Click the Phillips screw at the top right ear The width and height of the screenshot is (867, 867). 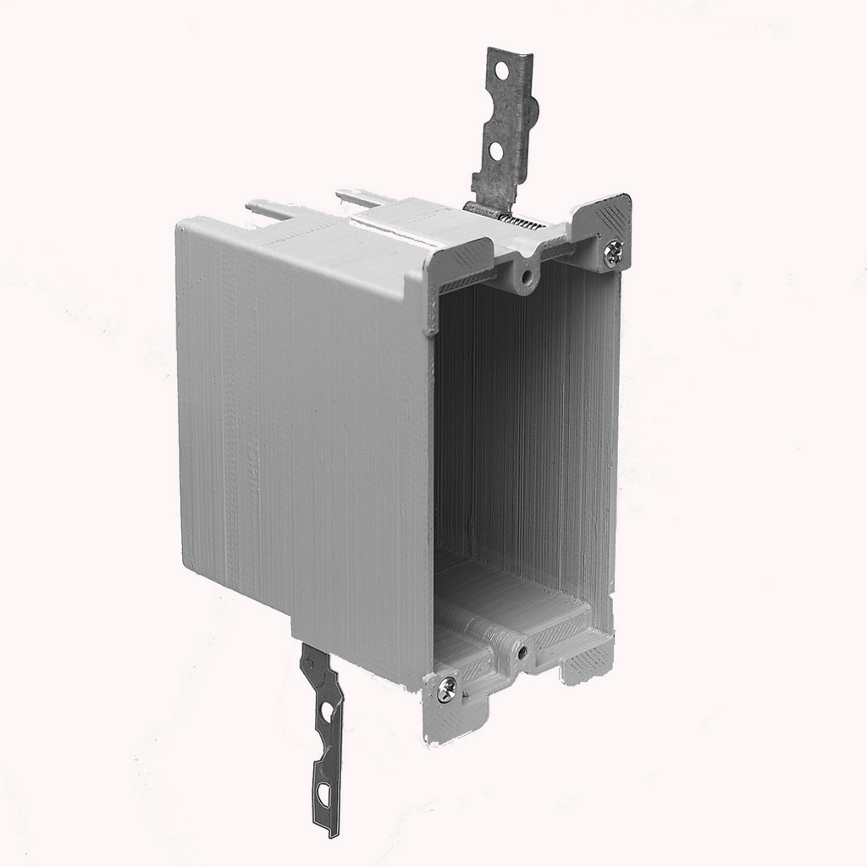tap(613, 250)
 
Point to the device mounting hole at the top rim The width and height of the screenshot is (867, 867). tap(527, 277)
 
